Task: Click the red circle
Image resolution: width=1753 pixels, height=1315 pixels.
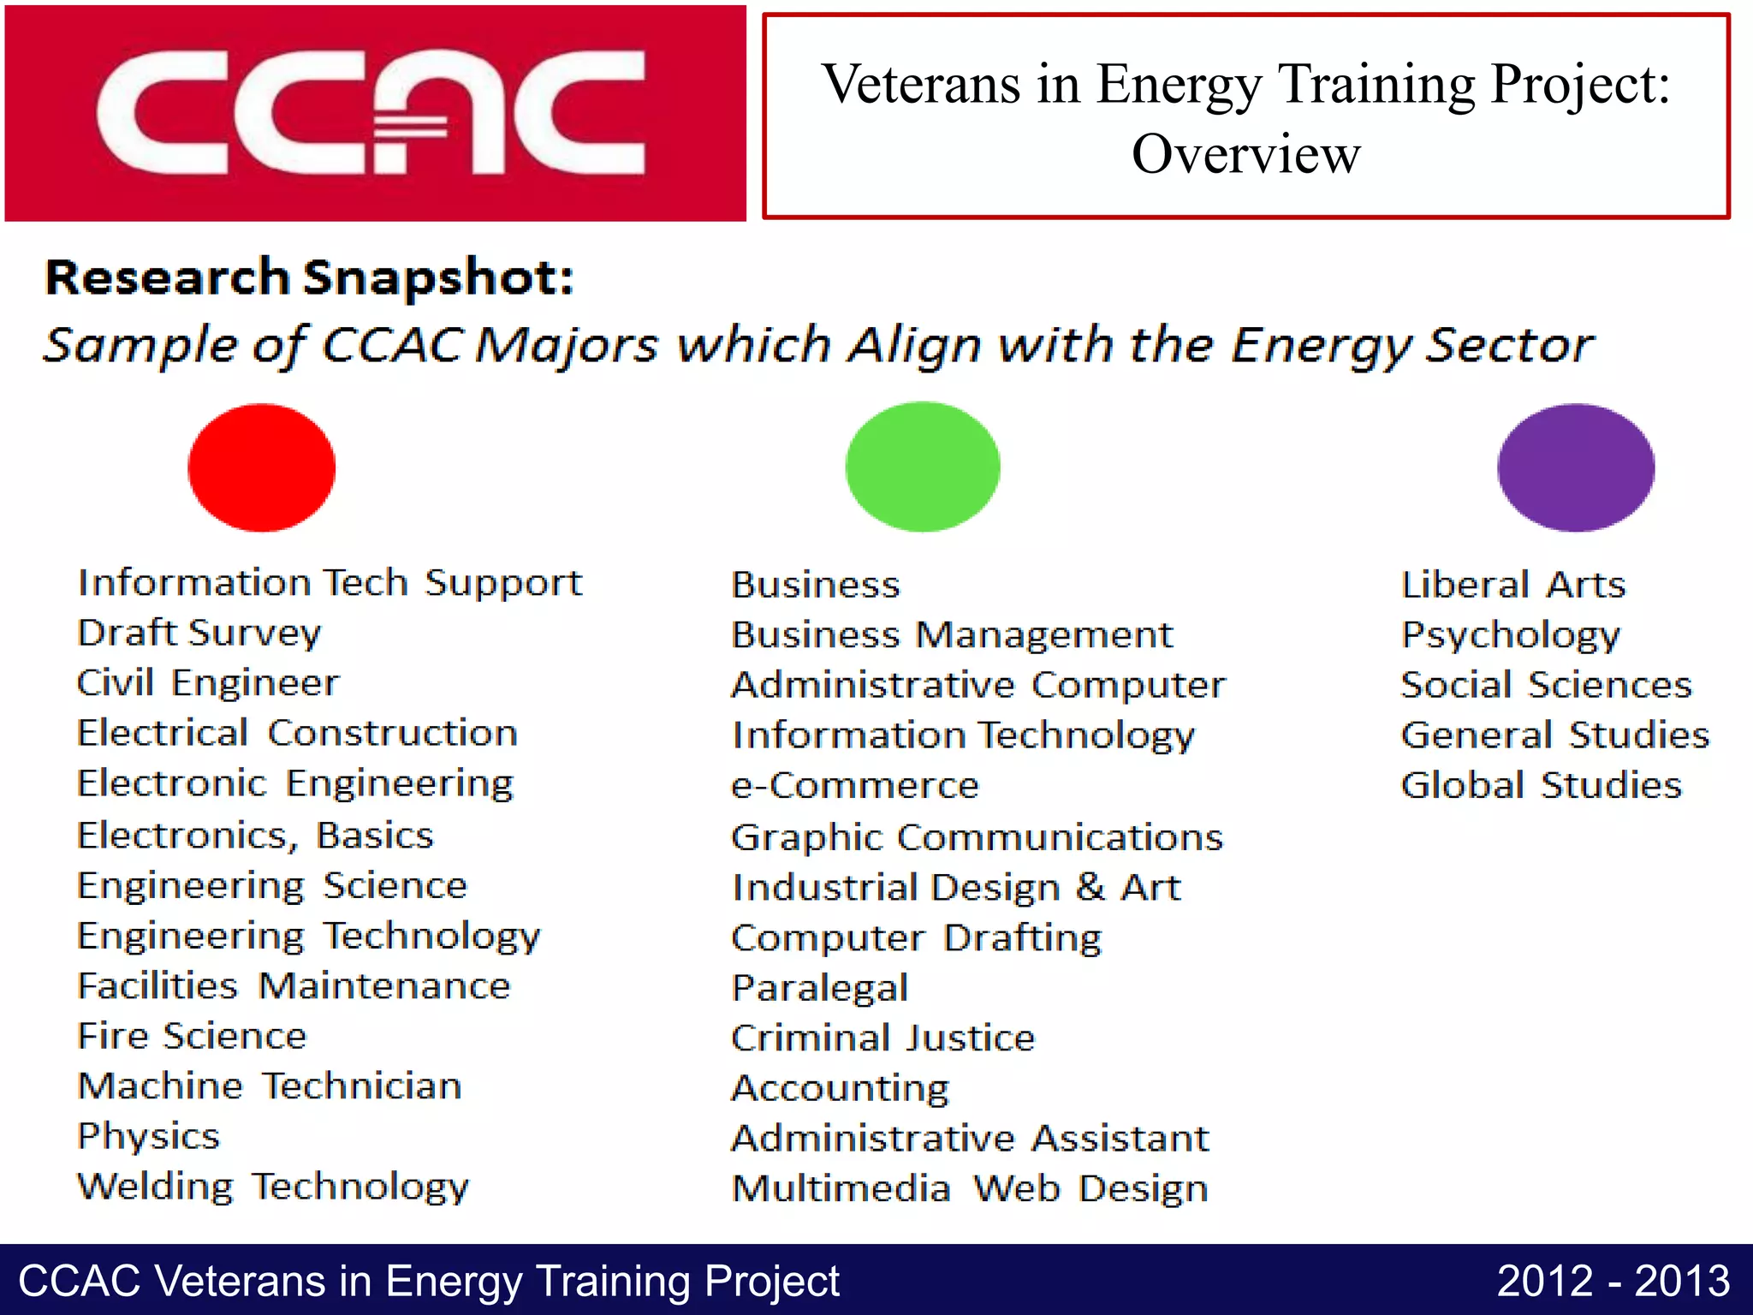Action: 262,467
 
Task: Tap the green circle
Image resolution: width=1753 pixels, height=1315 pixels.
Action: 923,467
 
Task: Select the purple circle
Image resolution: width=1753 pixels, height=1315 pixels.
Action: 1576,467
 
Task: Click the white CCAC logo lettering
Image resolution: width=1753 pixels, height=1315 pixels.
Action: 370,113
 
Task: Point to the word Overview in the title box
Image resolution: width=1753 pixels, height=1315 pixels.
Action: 1245,155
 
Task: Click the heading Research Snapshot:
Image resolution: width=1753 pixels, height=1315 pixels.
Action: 309,278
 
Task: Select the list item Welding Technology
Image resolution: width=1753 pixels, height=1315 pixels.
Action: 273,1187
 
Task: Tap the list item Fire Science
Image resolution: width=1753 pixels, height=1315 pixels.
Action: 192,1037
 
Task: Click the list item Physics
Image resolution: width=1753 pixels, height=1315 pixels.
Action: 149,1137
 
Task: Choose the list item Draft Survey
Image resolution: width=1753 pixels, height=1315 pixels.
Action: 199,634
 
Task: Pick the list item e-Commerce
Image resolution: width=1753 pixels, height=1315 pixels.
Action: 854,786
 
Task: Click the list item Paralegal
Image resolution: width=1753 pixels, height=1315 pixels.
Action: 820,988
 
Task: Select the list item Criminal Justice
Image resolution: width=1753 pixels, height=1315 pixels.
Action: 882,1038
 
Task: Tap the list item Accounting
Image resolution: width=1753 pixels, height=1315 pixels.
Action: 841,1089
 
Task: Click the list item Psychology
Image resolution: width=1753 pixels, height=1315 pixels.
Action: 1511,635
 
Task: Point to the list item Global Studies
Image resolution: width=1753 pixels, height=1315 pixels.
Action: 1541,785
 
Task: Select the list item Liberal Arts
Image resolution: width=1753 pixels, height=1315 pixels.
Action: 1512,585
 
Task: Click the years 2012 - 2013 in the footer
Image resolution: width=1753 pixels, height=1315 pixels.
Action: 1613,1282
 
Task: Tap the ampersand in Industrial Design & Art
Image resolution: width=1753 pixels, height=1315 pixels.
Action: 1090,887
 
